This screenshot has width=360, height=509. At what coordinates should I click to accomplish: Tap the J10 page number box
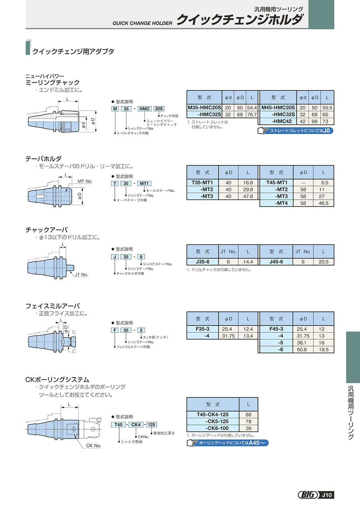pos(327,495)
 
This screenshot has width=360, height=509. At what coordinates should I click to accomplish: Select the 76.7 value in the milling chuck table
pos(252,114)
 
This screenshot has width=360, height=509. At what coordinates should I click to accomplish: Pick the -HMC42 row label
pos(278,121)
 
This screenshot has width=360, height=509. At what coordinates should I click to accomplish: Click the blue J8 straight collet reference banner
pos(296,130)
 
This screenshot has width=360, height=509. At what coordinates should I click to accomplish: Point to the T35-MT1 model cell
pos(203,182)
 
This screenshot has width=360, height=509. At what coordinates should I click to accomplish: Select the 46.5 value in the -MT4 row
pos(324,203)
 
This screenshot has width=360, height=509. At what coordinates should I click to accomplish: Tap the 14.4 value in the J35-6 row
pos(248,262)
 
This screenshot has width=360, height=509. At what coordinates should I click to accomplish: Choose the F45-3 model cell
pos(276,329)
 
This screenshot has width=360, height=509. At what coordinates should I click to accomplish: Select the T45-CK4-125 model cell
pos(212,415)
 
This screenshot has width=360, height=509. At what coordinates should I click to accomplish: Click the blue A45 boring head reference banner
pos(228,443)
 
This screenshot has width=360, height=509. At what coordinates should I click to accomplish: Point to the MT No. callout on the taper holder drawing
pos(85,181)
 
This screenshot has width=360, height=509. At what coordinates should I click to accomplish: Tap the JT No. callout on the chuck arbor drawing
pos(81,275)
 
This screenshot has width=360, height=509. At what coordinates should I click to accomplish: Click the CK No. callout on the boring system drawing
pos(94,445)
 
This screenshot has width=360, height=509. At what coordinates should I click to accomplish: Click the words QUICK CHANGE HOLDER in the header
pos(140,23)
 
